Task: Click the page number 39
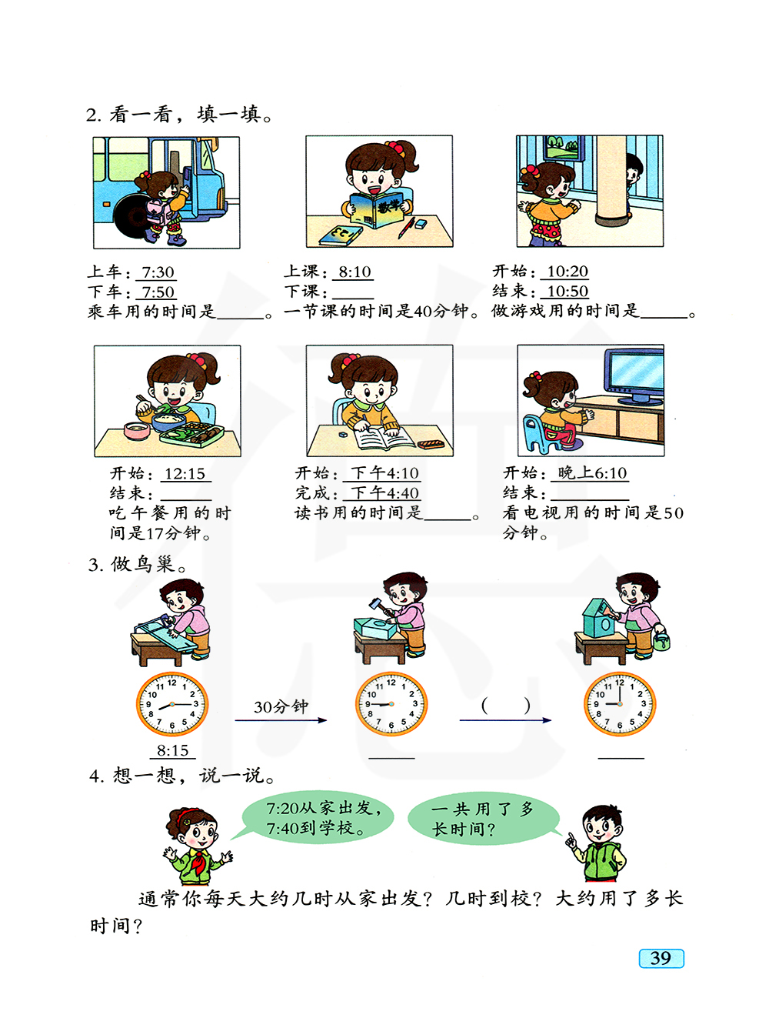(661, 958)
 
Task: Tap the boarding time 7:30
(158, 272)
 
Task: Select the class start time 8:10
(355, 272)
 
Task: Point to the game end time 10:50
(568, 292)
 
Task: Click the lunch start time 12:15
(185, 473)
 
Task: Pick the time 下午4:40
(384, 492)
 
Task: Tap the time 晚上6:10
(592, 472)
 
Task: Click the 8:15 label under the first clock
(172, 751)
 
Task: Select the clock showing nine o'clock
(620, 704)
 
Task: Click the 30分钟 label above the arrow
(281, 706)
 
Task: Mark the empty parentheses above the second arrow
(505, 706)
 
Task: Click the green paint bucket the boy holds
(661, 641)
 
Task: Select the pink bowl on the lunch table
(137, 430)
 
